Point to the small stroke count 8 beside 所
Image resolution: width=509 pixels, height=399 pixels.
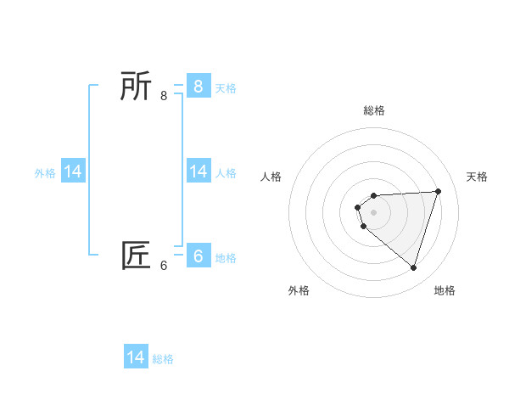tap(164, 96)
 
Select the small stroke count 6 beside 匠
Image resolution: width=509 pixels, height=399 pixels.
tap(164, 266)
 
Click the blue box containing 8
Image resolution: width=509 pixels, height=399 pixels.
tap(199, 86)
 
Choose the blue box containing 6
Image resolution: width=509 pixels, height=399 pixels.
tap(199, 256)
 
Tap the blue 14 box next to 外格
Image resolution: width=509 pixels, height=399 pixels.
tap(73, 171)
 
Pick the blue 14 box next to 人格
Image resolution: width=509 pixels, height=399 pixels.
tap(199, 171)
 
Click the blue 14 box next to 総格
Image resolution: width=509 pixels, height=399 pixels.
tap(136, 357)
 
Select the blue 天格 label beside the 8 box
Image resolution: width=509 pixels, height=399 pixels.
tap(226, 87)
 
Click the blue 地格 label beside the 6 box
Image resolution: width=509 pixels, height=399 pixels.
tap(226, 258)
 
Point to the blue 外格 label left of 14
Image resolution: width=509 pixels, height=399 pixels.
tap(45, 173)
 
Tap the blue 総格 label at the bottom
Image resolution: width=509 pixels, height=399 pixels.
tap(163, 359)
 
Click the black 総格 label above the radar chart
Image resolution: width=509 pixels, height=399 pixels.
tap(374, 110)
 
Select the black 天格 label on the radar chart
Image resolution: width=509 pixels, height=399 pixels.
tap(477, 177)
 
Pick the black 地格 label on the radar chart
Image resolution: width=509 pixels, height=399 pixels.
tap(445, 290)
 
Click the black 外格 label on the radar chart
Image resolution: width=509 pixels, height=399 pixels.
tap(299, 290)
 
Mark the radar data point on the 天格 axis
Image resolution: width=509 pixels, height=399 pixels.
tap(439, 191)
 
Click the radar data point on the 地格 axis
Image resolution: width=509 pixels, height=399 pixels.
tap(413, 267)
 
